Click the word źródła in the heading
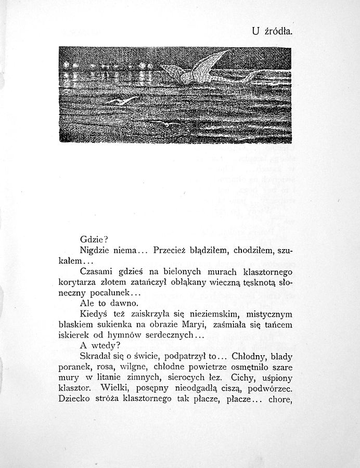point(278,31)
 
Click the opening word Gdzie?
point(94,240)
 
